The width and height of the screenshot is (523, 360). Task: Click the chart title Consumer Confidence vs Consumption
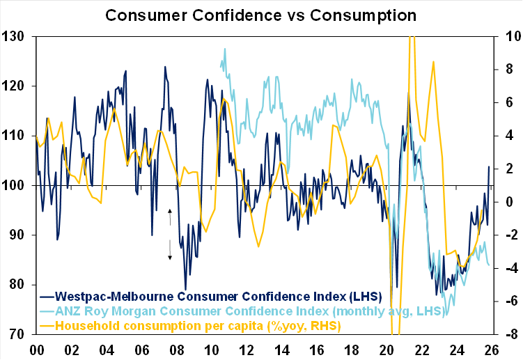pos(261,14)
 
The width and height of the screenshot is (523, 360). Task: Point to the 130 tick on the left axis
pos(15,36)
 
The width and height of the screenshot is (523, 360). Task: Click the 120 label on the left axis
pos(15,86)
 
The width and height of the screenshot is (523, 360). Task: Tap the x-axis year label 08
pos(178,350)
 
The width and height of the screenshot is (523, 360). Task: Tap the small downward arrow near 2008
pos(169,252)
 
